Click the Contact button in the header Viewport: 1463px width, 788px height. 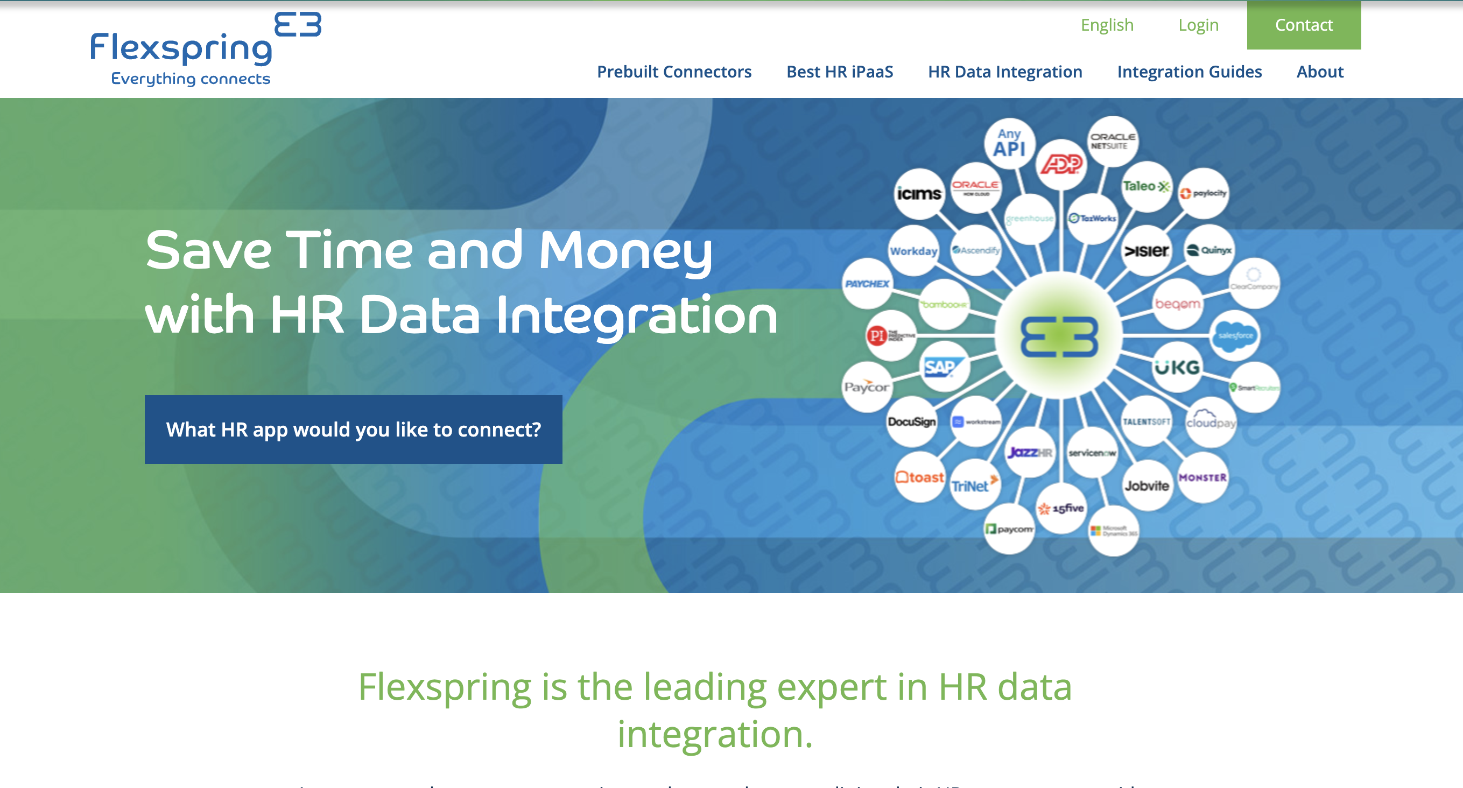(1304, 25)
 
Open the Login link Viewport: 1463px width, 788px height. (1198, 25)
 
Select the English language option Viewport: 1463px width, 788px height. (1106, 25)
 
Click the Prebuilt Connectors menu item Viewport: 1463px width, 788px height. (673, 72)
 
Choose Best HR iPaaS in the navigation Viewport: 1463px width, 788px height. (839, 72)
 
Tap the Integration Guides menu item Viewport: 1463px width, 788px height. (1188, 72)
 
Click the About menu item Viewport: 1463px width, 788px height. (1319, 72)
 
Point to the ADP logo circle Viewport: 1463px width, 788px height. (1061, 165)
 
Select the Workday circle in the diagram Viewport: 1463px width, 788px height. (913, 251)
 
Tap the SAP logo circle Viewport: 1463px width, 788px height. (944, 367)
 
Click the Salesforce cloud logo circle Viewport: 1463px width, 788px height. (1235, 335)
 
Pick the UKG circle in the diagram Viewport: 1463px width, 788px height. (1177, 367)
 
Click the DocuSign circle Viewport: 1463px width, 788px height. (911, 422)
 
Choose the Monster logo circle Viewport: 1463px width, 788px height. (1202, 477)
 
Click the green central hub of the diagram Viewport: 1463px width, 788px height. (1059, 336)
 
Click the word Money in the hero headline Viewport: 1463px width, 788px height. (625, 250)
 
